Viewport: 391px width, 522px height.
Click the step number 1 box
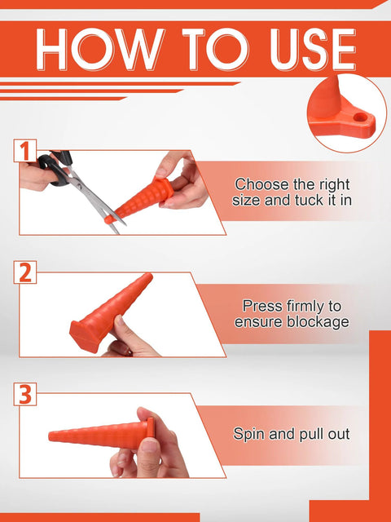[x=25, y=151]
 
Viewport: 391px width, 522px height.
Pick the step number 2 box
[x=25, y=272]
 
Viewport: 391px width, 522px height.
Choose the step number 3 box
[x=25, y=395]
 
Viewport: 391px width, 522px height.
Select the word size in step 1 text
[x=248, y=199]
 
